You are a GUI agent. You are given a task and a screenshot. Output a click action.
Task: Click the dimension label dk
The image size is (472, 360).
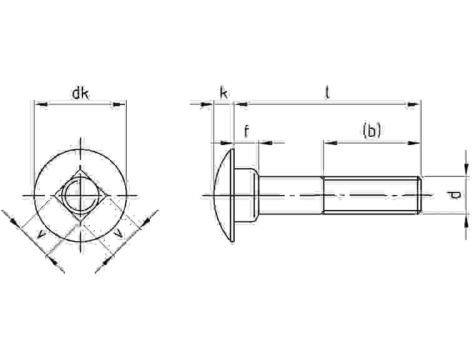[x=81, y=94]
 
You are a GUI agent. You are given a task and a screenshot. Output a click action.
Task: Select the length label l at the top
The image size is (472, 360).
[x=327, y=92]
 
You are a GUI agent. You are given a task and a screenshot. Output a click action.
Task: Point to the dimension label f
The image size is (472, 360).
[x=247, y=131]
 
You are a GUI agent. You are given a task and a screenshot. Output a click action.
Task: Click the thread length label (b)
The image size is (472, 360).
[x=371, y=131]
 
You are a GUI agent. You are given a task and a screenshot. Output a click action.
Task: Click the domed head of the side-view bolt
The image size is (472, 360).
[x=224, y=195]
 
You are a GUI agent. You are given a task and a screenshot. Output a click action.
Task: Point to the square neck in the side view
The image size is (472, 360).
[x=246, y=195]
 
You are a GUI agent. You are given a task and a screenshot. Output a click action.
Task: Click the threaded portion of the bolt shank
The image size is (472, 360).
[x=371, y=195]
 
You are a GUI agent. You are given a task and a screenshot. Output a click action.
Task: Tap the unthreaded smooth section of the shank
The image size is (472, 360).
[x=290, y=195]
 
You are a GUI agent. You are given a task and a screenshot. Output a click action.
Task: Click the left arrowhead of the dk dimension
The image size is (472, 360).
[x=41, y=104]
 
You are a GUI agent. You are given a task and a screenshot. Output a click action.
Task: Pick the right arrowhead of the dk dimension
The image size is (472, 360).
[x=119, y=104]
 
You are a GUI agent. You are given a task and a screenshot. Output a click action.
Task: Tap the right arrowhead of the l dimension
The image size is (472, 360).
[x=413, y=104]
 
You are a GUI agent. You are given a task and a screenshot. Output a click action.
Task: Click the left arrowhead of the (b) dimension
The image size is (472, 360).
[x=330, y=142]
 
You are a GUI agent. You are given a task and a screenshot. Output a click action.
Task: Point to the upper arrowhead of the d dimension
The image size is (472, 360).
[x=466, y=168]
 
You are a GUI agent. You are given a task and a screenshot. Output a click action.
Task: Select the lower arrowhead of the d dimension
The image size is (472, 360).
[x=466, y=222]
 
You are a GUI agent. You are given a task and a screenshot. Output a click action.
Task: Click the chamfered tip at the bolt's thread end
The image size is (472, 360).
[x=420, y=195]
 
